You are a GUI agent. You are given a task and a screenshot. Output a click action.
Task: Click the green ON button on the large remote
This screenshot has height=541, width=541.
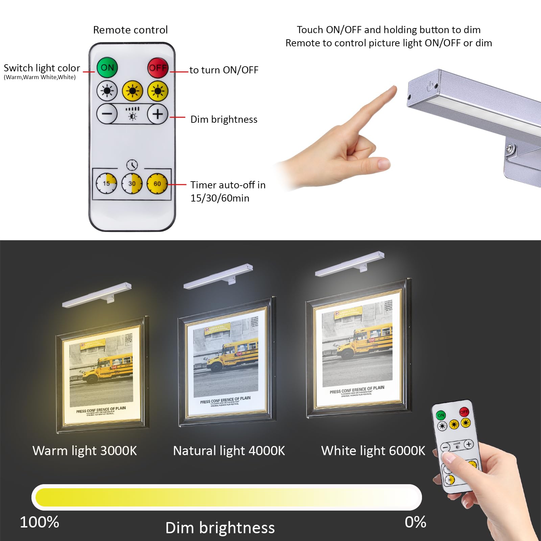click(107, 68)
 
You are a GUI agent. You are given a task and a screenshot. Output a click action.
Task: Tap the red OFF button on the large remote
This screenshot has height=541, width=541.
click(158, 68)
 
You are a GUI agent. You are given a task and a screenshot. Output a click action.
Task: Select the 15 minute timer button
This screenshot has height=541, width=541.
click(106, 184)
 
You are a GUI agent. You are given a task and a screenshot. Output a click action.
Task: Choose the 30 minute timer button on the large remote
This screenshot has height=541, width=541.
click(132, 184)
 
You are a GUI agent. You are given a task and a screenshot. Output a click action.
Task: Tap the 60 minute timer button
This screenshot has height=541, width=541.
click(157, 184)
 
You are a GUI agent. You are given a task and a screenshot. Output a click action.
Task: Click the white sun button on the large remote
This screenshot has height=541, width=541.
click(107, 91)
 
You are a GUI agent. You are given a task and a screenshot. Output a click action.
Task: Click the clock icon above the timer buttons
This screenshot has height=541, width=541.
click(132, 165)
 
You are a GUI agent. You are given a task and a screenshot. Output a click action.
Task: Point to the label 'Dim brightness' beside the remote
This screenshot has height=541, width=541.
click(224, 119)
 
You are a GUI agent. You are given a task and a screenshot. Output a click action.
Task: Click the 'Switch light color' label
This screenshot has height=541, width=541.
click(42, 68)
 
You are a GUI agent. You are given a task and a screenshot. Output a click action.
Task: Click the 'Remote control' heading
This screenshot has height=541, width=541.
click(130, 30)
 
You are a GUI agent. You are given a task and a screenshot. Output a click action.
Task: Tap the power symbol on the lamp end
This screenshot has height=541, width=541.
click(430, 86)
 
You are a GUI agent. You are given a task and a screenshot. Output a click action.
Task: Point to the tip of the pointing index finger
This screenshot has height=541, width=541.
click(393, 89)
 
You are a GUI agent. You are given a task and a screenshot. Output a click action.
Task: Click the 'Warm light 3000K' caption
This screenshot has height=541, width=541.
click(85, 451)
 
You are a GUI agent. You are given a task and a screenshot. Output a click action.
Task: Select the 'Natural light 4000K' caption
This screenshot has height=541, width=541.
click(229, 451)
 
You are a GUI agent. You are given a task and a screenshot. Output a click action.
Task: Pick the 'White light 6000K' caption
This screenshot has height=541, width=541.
click(373, 451)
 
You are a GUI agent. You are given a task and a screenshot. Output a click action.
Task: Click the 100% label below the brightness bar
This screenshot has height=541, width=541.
click(40, 522)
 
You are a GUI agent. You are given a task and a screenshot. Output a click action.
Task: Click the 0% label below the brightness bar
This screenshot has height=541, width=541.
click(415, 522)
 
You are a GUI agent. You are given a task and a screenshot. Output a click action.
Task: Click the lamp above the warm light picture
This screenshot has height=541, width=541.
click(97, 295)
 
